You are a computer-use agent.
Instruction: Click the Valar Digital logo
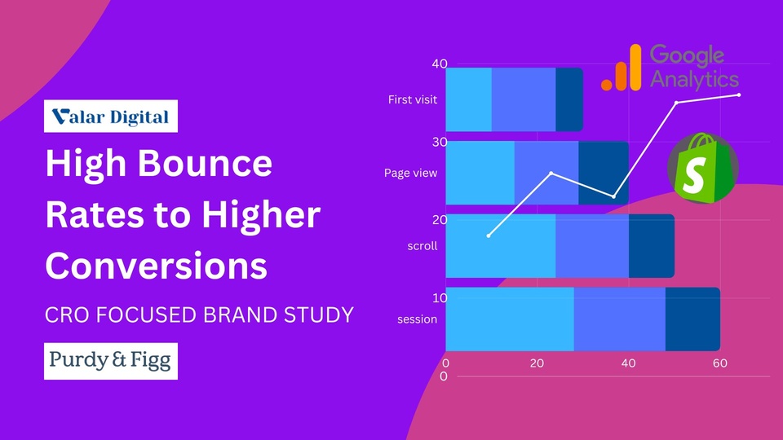111,117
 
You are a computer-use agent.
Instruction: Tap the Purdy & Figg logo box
111,361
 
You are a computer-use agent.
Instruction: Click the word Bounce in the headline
205,163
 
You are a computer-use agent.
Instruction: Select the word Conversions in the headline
157,266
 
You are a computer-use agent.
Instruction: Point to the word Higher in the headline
261,215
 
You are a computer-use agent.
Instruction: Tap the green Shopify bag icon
703,168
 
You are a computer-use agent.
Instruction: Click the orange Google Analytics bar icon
622,68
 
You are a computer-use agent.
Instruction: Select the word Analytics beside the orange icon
695,80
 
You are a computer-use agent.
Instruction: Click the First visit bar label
413,99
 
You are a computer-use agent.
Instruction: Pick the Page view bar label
410,173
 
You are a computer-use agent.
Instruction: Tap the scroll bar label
422,246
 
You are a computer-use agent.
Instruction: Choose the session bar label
418,319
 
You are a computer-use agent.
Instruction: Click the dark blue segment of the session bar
692,319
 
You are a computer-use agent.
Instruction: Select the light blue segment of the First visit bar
468,99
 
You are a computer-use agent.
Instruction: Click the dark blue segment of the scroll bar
652,246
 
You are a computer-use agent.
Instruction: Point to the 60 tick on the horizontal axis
720,363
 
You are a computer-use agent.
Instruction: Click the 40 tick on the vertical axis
440,64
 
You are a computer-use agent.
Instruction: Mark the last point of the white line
739,95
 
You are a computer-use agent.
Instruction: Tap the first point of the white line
489,235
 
